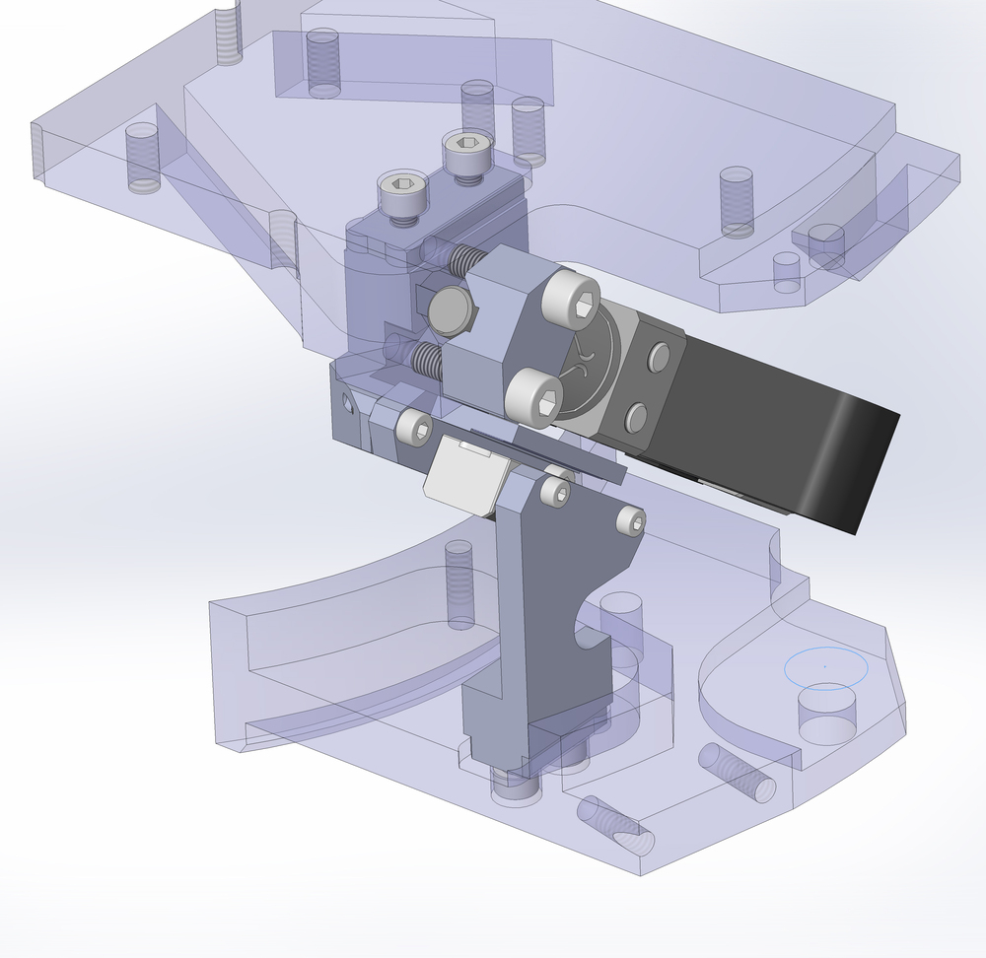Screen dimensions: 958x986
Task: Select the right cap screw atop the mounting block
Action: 464,153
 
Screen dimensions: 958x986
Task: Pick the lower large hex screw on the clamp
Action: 533,397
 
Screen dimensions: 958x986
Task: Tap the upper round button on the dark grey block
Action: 658,357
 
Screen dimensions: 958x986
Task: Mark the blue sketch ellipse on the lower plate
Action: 825,666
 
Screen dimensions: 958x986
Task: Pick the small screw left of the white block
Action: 413,427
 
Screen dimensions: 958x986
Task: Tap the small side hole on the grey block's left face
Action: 346,402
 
